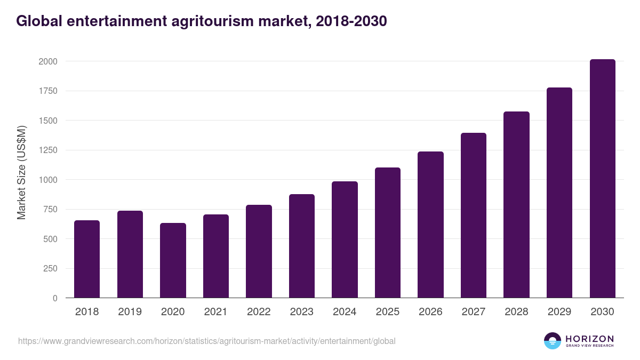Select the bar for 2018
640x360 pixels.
(x=87, y=259)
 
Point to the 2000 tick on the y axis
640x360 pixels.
(x=48, y=61)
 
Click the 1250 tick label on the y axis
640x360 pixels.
(x=48, y=150)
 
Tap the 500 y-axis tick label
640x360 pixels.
(x=51, y=239)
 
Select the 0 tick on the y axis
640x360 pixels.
(x=55, y=298)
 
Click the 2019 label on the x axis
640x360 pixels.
(x=130, y=311)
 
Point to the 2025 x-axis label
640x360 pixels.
(x=387, y=311)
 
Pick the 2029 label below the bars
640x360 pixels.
(x=559, y=311)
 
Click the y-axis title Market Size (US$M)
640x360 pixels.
(x=21, y=172)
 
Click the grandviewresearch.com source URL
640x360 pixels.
(x=207, y=341)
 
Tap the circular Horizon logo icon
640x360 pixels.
(x=553, y=341)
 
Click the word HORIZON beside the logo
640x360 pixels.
(x=589, y=338)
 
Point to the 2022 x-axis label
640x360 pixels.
(x=259, y=311)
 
